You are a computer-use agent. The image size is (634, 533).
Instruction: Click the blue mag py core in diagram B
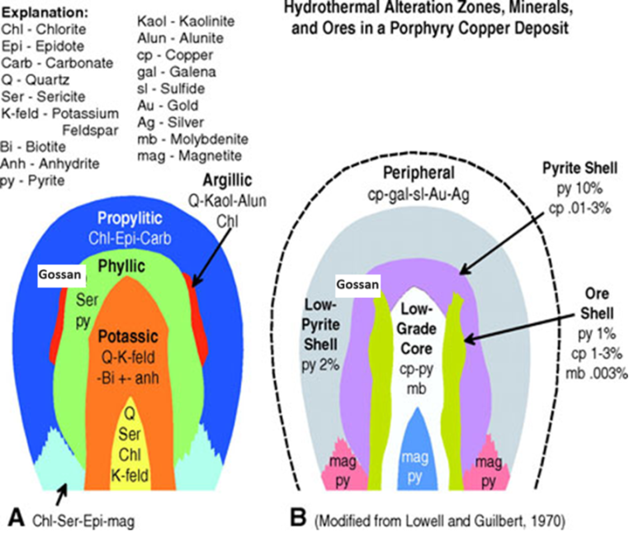click(428, 463)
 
